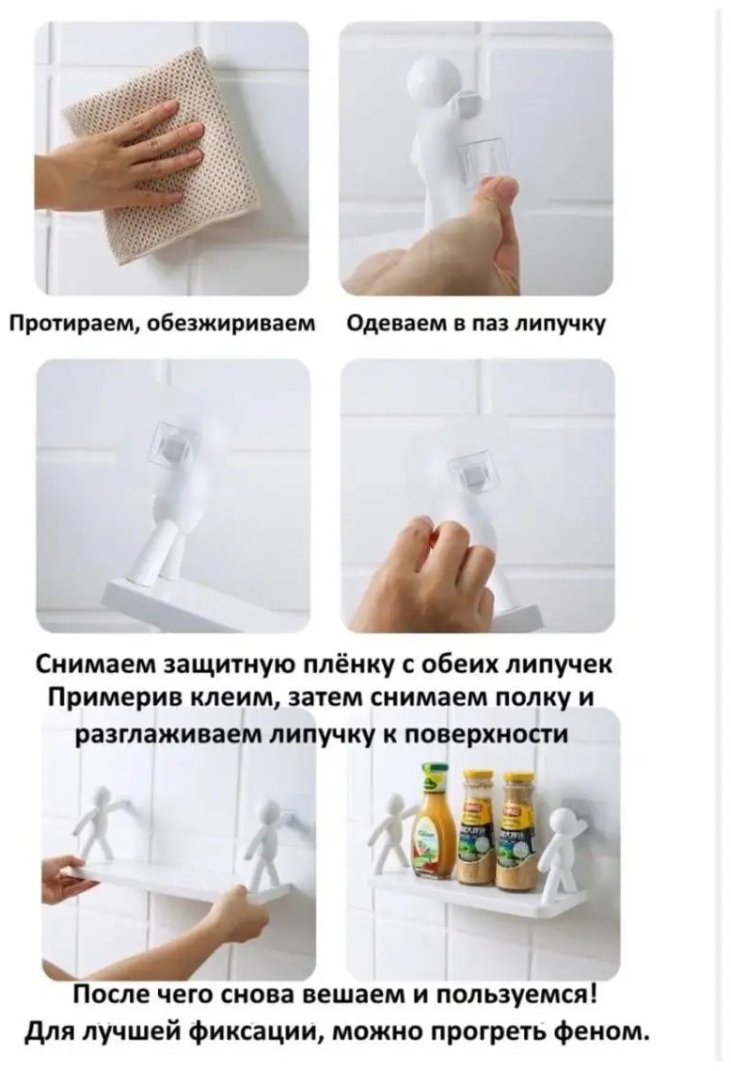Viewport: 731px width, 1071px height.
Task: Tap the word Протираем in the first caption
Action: [x=70, y=323]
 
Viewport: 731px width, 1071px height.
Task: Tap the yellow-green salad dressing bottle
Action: [x=436, y=819]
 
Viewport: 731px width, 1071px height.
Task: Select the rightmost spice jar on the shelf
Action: [x=518, y=831]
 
